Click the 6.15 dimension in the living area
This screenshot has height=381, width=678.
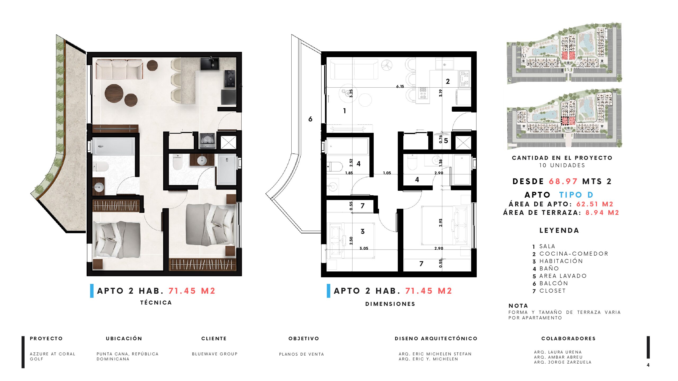click(400, 86)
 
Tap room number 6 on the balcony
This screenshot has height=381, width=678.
click(310, 119)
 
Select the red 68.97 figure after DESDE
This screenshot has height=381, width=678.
click(563, 181)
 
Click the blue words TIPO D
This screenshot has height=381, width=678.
click(576, 195)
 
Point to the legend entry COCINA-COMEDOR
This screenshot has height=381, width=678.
click(574, 254)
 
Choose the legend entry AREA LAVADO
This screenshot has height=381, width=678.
click(563, 276)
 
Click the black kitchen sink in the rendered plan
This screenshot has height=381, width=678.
click(209, 63)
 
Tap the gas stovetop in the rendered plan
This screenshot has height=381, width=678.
click(230, 79)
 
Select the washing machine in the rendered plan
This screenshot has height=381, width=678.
click(207, 141)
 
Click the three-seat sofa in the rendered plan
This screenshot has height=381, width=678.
click(119, 69)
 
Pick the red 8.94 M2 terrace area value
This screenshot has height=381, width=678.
click(602, 212)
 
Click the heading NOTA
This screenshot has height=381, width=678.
click(518, 306)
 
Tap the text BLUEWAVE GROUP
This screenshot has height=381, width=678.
click(215, 354)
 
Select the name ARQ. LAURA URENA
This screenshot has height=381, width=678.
click(558, 352)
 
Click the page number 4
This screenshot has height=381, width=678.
click(648, 365)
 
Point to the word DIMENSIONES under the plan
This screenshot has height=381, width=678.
click(390, 304)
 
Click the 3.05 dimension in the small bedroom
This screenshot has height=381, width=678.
click(364, 248)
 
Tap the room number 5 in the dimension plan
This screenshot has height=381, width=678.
click(446, 141)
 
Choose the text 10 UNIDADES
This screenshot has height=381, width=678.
click(562, 165)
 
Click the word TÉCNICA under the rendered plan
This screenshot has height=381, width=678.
click(156, 302)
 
